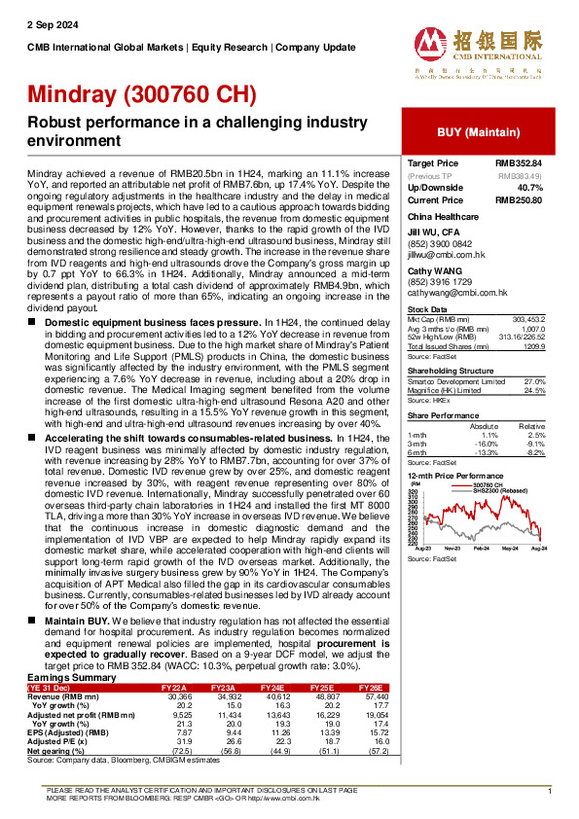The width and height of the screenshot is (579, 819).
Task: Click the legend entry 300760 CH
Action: (488, 483)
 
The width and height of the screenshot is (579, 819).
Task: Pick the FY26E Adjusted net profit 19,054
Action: (540, 714)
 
